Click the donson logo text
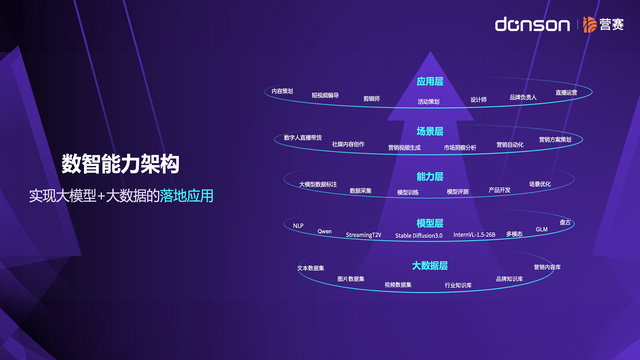(532, 24)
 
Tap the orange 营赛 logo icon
(589, 24)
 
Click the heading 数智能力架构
(120, 164)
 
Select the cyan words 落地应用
(186, 196)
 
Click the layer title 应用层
(430, 81)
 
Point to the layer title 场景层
(430, 131)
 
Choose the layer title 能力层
(430, 176)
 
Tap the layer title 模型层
(430, 223)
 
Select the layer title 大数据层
(430, 266)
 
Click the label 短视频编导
(325, 95)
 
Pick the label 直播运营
(566, 93)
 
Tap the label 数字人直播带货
(303, 138)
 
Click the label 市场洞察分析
(460, 148)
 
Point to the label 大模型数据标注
(318, 184)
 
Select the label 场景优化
(540, 184)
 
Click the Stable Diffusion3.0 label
(419, 236)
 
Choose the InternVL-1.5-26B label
(474, 235)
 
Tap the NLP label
(298, 226)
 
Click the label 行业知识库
(458, 285)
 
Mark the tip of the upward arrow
(430, 51)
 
